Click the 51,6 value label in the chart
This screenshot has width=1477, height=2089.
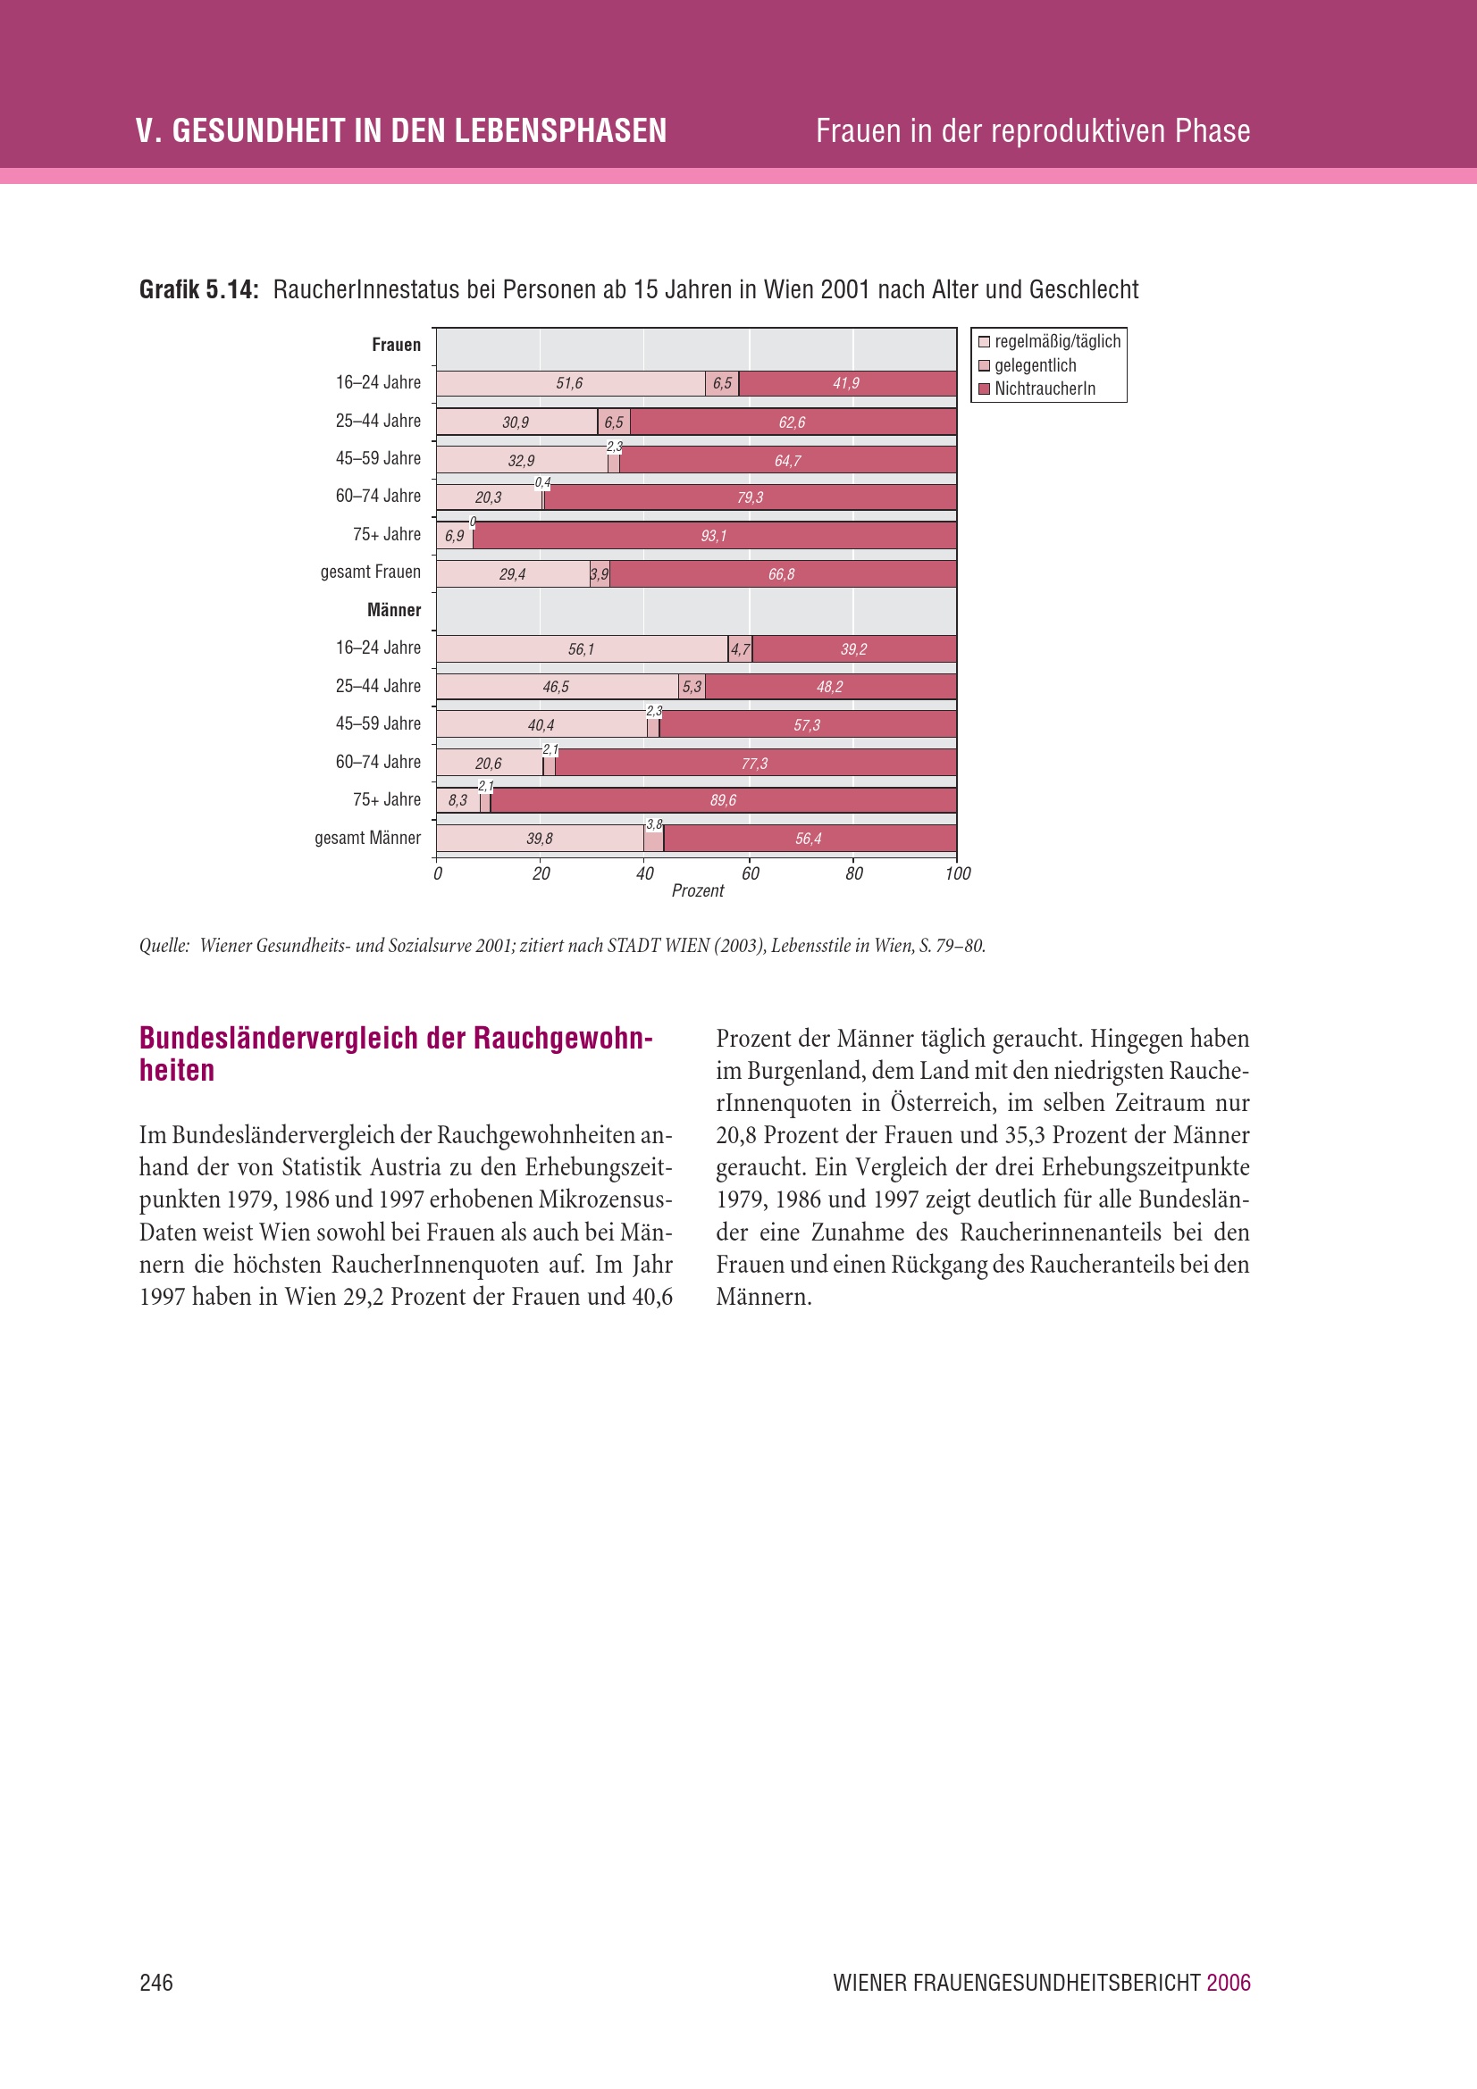pos(569,384)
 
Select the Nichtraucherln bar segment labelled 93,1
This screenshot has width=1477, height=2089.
pos(713,536)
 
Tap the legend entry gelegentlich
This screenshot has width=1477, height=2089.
pos(1035,366)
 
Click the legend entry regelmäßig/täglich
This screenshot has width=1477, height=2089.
pos(1056,342)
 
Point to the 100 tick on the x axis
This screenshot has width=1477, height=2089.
pos(957,874)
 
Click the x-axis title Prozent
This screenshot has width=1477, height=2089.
pos(697,890)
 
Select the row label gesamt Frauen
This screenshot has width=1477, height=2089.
pos(371,572)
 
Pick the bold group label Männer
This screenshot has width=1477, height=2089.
pos(394,611)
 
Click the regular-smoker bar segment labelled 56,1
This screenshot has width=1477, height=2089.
pos(581,649)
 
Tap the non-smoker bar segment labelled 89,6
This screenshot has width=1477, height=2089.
pos(723,800)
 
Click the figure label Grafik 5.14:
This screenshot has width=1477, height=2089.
pos(199,290)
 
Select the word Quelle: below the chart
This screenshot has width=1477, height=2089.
pos(164,946)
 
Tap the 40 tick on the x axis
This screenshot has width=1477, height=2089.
pos(644,874)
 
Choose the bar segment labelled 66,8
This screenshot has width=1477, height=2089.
pos(783,574)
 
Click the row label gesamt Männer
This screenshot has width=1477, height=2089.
pos(367,838)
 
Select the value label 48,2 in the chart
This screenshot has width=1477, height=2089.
pos(829,687)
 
